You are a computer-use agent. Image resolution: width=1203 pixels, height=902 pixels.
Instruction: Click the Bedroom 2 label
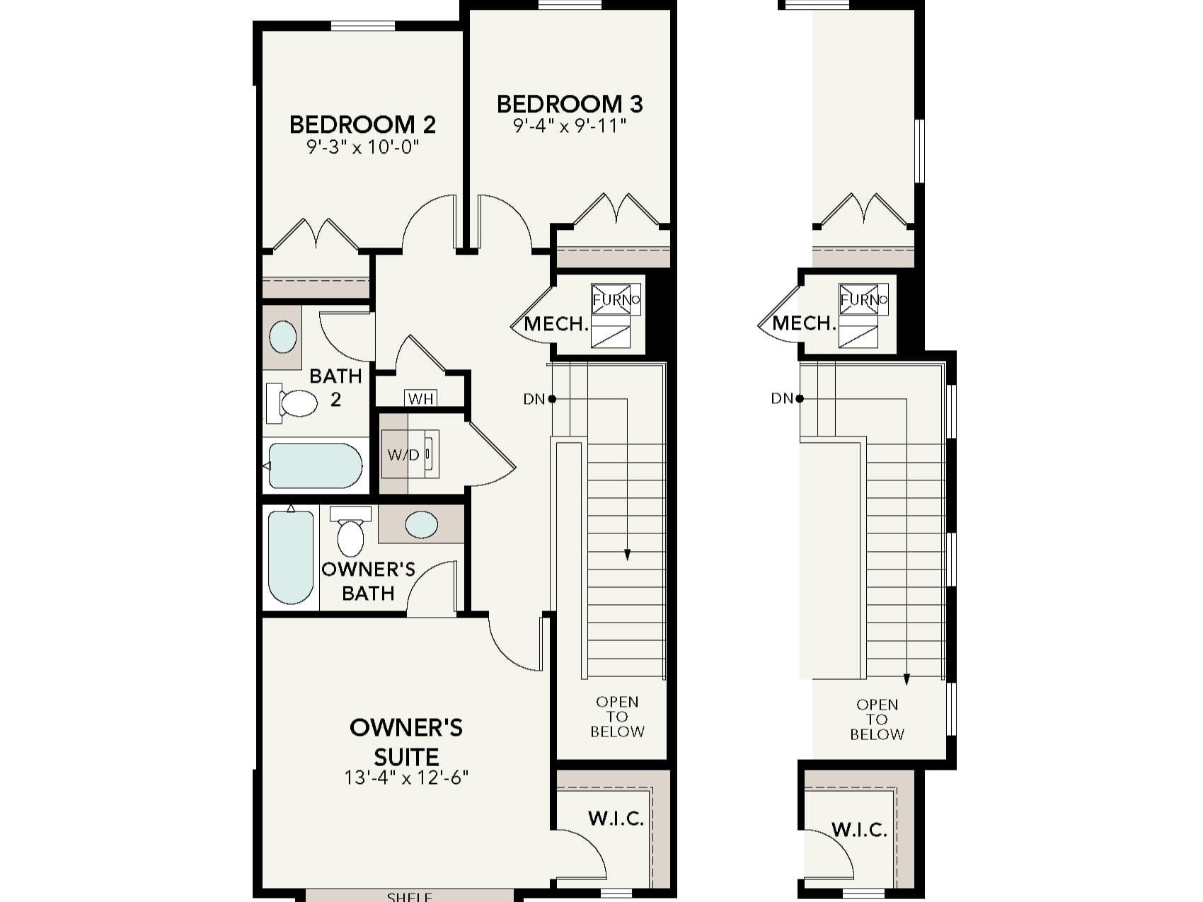pyautogui.click(x=362, y=125)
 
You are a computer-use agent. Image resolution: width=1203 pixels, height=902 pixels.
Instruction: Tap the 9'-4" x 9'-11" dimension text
pyautogui.click(x=570, y=127)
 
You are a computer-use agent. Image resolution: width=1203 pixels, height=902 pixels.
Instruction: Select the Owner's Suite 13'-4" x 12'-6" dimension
pyautogui.click(x=406, y=778)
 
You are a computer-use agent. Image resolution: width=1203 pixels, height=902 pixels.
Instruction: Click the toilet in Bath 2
pyautogui.click(x=293, y=403)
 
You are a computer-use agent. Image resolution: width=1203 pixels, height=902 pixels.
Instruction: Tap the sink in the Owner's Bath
pyautogui.click(x=421, y=525)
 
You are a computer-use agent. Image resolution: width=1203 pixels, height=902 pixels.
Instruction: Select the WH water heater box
pyautogui.click(x=420, y=399)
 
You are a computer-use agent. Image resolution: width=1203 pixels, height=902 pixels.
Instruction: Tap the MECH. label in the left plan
pyautogui.click(x=556, y=325)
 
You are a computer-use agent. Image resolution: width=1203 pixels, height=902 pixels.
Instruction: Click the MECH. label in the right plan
pyautogui.click(x=804, y=324)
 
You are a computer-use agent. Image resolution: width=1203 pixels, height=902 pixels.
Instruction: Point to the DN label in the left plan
pyautogui.click(x=534, y=399)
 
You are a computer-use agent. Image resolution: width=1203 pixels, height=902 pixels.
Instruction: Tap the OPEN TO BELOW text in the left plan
pyautogui.click(x=617, y=717)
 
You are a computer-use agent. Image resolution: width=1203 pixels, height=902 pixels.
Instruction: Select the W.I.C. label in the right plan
pyautogui.click(x=859, y=829)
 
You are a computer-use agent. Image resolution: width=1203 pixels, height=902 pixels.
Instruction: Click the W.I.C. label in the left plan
pyautogui.click(x=616, y=819)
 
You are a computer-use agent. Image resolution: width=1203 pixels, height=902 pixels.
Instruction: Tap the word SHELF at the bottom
pyautogui.click(x=410, y=896)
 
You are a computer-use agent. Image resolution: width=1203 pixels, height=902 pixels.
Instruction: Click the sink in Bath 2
pyautogui.click(x=282, y=337)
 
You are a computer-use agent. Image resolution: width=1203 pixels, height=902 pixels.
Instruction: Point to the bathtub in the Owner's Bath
pyautogui.click(x=291, y=557)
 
